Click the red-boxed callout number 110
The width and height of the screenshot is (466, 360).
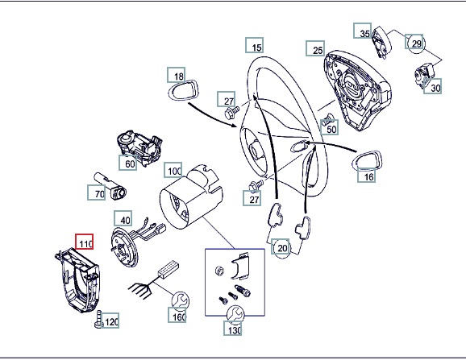pyautogui.click(x=85, y=242)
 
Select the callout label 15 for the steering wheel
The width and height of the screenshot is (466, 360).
pyautogui.click(x=255, y=45)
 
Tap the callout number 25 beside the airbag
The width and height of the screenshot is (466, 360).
pyautogui.click(x=315, y=48)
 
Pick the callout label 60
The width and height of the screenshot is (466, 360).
pyautogui.click(x=128, y=163)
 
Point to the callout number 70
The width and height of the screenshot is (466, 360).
pyautogui.click(x=97, y=192)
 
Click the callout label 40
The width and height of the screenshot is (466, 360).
pyautogui.click(x=123, y=218)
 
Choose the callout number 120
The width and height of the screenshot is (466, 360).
pyautogui.click(x=110, y=321)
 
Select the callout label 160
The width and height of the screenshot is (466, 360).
pyautogui.click(x=177, y=315)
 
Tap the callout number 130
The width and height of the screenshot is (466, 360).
pyautogui.click(x=233, y=329)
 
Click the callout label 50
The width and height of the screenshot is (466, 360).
pyautogui.click(x=330, y=127)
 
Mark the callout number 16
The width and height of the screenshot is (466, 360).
pyautogui.click(x=367, y=176)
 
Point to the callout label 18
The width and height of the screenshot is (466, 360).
pyautogui.click(x=177, y=75)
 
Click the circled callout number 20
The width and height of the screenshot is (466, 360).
pyautogui.click(x=281, y=247)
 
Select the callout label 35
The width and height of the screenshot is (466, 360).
pyautogui.click(x=363, y=31)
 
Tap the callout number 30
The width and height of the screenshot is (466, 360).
pyautogui.click(x=433, y=86)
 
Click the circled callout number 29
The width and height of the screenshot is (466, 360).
pyautogui.click(x=414, y=42)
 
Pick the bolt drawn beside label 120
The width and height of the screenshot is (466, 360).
pyautogui.click(x=99, y=319)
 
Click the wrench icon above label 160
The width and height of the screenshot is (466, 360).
pyautogui.click(x=180, y=300)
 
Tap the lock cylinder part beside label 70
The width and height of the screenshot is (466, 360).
pyautogui.click(x=110, y=186)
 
